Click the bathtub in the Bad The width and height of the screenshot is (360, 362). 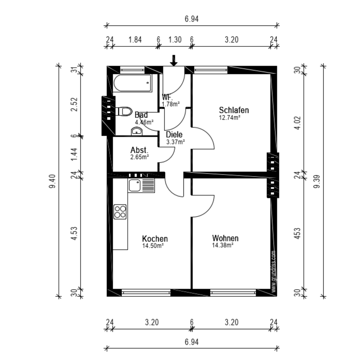pyautogui.click(x=133, y=83)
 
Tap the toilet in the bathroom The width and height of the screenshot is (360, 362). pyautogui.click(x=125, y=112)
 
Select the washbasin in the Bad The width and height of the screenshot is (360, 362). pyautogui.click(x=137, y=131)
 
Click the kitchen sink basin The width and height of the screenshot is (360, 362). pyautogui.click(x=135, y=186)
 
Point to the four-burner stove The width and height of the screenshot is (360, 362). pyautogui.click(x=120, y=212)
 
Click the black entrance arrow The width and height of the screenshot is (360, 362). pyautogui.click(x=174, y=60)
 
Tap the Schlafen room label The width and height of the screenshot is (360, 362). pyautogui.click(x=234, y=110)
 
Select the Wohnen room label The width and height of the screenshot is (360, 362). pyautogui.click(x=225, y=238)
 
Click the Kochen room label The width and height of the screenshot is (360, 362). pyautogui.click(x=155, y=238)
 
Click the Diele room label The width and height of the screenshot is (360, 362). pyautogui.click(x=174, y=134)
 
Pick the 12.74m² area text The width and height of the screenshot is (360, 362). pyautogui.click(x=230, y=118)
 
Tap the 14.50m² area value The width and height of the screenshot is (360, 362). pyautogui.click(x=153, y=245)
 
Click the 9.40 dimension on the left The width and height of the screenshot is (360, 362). pyautogui.click(x=52, y=181)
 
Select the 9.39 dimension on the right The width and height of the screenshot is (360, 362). pyautogui.click(x=317, y=181)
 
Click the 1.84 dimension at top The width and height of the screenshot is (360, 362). pyautogui.click(x=135, y=40)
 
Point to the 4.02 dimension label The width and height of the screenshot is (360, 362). pyautogui.click(x=297, y=123)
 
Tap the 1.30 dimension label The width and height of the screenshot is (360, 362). pyautogui.click(x=175, y=40)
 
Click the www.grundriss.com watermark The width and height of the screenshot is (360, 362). pyautogui.click(x=274, y=272)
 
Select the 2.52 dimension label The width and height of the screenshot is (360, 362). pyautogui.click(x=74, y=104)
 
